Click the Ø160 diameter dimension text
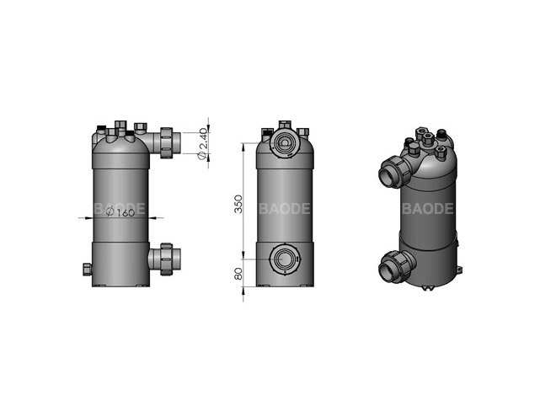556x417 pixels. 122,214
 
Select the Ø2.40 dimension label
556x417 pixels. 202,144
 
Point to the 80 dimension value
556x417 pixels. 238,275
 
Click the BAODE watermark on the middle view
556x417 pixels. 285,208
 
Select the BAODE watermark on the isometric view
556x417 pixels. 428,208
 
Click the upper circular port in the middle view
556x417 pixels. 286,142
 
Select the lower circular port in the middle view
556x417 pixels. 286,260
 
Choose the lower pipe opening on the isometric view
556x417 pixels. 388,269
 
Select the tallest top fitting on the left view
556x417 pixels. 119,126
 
